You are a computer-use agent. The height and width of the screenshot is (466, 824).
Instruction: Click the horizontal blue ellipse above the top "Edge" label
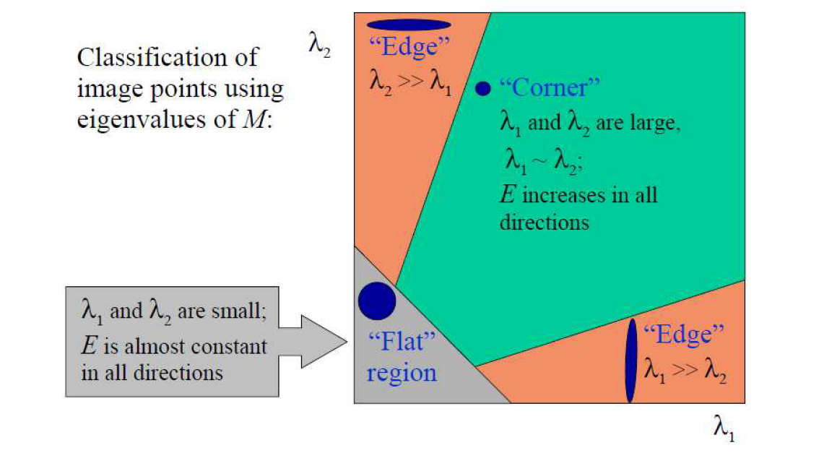[x=408, y=24]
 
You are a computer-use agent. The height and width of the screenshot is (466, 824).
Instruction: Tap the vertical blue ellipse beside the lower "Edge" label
[x=630, y=361]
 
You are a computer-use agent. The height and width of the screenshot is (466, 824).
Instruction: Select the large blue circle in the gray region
[x=377, y=301]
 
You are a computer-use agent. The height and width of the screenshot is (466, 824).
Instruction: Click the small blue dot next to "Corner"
[x=482, y=88]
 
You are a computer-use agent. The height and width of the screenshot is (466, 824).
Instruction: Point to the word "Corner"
[x=550, y=87]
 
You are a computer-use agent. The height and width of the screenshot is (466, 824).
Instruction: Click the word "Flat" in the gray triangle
[x=402, y=341]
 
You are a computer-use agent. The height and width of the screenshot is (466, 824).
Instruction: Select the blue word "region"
[x=402, y=373]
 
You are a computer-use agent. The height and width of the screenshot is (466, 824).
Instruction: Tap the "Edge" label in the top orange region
[x=409, y=47]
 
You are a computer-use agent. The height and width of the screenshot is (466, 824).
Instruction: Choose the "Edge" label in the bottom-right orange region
[x=684, y=335]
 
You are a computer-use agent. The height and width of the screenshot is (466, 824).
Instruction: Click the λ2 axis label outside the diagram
[x=319, y=44]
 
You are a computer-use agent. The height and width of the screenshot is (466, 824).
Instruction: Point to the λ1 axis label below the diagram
[x=724, y=428]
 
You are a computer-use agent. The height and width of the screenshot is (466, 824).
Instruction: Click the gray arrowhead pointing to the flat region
[x=324, y=342]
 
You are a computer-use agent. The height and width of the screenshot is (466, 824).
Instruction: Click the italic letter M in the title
[x=255, y=119]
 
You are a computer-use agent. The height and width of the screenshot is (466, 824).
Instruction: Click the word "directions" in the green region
[x=545, y=223]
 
